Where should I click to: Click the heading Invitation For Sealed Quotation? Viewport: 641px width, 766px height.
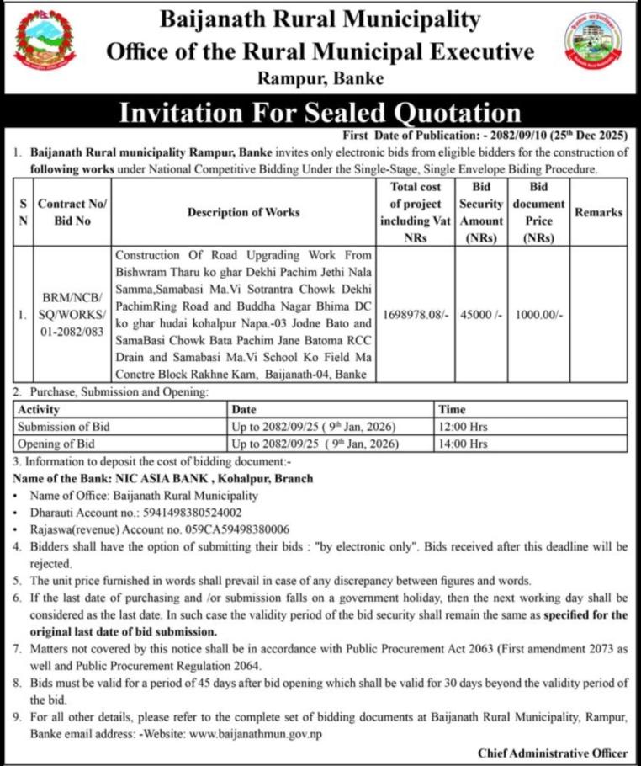click(x=320, y=113)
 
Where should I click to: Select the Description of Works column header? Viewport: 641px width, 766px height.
click(x=243, y=212)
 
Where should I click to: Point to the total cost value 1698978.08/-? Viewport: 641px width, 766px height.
click(x=416, y=314)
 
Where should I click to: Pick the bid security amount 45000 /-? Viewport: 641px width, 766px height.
click(x=480, y=314)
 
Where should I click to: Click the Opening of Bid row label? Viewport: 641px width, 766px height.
click(x=56, y=443)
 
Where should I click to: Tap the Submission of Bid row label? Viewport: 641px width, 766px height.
click(x=62, y=426)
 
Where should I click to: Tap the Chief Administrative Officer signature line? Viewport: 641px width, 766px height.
click(x=552, y=752)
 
